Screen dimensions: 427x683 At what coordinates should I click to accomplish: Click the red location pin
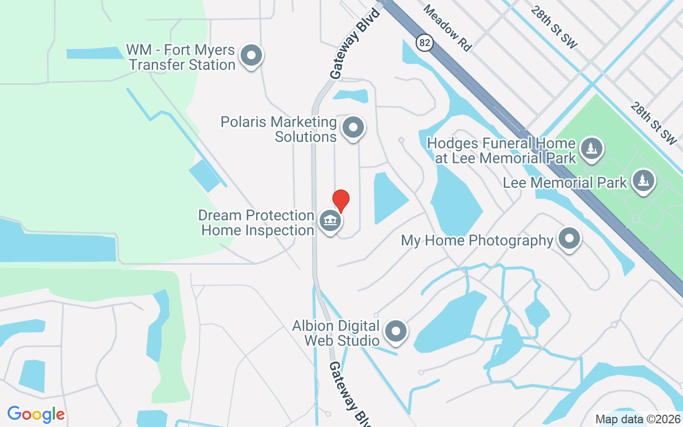coord(341,201)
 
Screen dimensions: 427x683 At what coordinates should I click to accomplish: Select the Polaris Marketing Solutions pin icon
coord(352,128)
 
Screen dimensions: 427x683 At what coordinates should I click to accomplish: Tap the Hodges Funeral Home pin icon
coord(591,148)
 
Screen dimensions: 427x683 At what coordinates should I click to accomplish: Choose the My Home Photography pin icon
coord(569,239)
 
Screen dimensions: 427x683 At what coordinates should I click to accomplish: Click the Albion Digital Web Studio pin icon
coord(395,331)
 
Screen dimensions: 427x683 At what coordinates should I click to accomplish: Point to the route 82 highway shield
coord(424,43)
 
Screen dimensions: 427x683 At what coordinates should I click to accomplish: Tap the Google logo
coord(36,414)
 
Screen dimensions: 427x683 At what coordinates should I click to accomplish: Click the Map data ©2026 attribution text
coord(637,420)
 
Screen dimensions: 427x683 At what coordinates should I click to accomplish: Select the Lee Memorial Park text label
coord(565,183)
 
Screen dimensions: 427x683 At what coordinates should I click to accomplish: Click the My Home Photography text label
coord(477,241)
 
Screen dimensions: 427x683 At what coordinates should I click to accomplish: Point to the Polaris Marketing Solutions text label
coord(279,129)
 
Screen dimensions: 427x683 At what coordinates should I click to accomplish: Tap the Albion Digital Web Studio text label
coord(336,333)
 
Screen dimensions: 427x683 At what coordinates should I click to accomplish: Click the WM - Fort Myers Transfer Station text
coord(180,58)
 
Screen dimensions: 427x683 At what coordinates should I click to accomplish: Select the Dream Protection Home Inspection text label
coord(256,223)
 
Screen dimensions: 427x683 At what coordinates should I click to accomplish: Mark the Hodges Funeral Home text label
coord(502,151)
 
